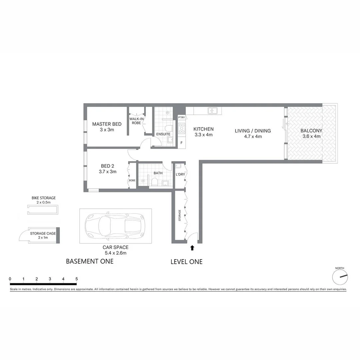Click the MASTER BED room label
tap(107, 124)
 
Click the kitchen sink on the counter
tap(212, 110)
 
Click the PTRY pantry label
tap(181, 117)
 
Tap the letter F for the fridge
tap(181, 143)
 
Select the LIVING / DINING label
tap(253, 131)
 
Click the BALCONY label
tap(311, 131)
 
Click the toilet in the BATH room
tap(154, 182)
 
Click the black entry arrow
tap(192, 248)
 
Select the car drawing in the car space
tap(115, 226)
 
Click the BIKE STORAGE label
tap(43, 198)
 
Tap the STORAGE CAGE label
tap(43, 233)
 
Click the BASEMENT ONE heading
tap(90, 261)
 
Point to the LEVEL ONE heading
tap(186, 262)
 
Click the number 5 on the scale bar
tap(77, 279)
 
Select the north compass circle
tap(340, 277)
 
